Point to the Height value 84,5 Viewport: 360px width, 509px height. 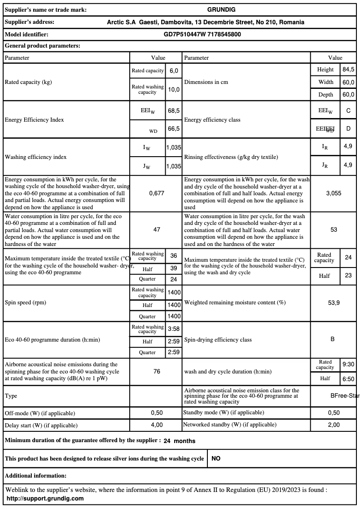tap(348, 70)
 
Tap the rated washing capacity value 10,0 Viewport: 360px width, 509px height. tap(174, 89)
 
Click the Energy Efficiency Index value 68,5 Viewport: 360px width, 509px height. tap(174, 110)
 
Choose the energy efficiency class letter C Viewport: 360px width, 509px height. tap(348, 110)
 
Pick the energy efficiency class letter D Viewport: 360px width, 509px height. tap(348, 129)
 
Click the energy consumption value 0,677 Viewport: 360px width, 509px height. tap(157, 193)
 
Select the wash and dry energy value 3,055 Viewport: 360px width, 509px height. tap(334, 193)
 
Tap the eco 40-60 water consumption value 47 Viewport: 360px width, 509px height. tap(157, 229)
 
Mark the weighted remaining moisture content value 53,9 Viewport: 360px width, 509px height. tap(334, 303)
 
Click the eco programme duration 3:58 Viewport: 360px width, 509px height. tap(174, 329)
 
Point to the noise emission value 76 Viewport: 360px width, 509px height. tap(157, 372)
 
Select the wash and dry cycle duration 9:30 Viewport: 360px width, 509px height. tap(348, 364)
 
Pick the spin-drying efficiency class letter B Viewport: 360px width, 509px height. tap(333, 339)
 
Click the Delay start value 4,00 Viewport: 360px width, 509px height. tap(157, 425)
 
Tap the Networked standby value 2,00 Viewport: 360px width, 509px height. tap(334, 425)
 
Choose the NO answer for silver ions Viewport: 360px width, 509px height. tap(216, 459)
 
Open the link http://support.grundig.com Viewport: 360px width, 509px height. tap(45, 498)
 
